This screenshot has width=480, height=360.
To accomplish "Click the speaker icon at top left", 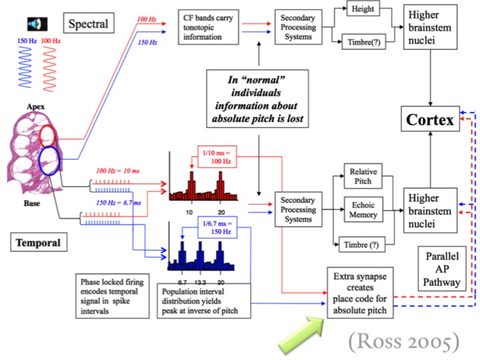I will pos(35,25).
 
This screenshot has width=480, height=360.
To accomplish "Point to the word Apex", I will pos(36,105).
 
